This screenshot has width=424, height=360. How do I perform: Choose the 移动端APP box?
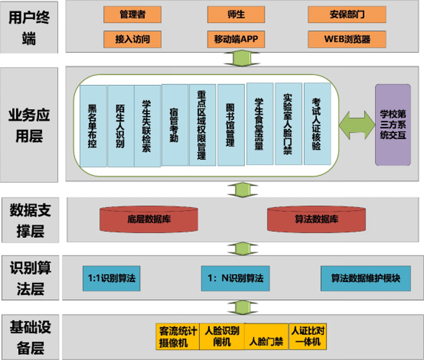[236, 39]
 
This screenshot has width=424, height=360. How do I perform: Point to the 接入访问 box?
[132, 39]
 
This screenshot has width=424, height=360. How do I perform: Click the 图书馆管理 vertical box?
[231, 125]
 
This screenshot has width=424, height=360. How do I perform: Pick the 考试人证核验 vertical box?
[317, 124]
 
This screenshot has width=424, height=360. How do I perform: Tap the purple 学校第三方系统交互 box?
[393, 125]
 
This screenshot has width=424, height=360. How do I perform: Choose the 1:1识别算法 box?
[112, 278]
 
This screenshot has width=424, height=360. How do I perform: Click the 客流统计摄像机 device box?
[178, 336]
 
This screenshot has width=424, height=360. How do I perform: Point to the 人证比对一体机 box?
[307, 336]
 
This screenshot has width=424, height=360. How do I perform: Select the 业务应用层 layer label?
[29, 125]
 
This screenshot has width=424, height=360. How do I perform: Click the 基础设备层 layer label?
[29, 336]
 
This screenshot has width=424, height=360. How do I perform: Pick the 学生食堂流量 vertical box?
[260, 124]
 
